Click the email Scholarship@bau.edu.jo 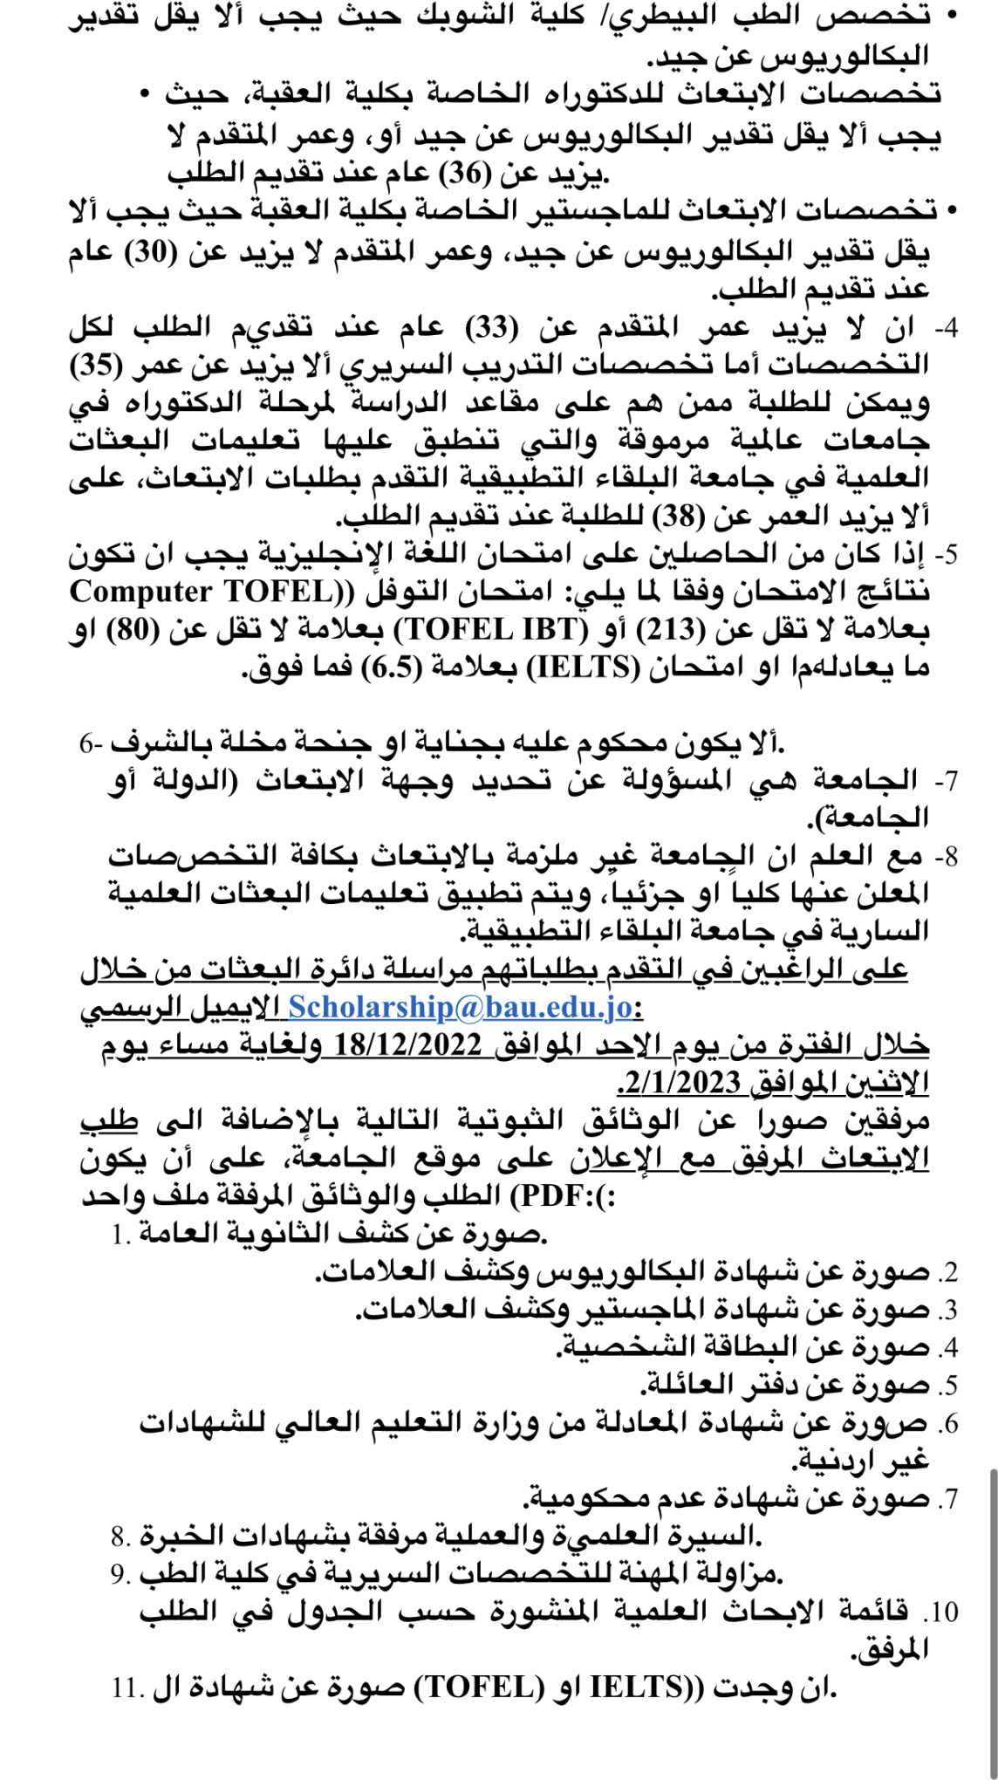(460, 1007)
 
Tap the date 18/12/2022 (407, 1044)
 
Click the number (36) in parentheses (467, 174)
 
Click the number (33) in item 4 (493, 328)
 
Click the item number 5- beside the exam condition (945, 554)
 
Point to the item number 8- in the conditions (945, 856)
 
